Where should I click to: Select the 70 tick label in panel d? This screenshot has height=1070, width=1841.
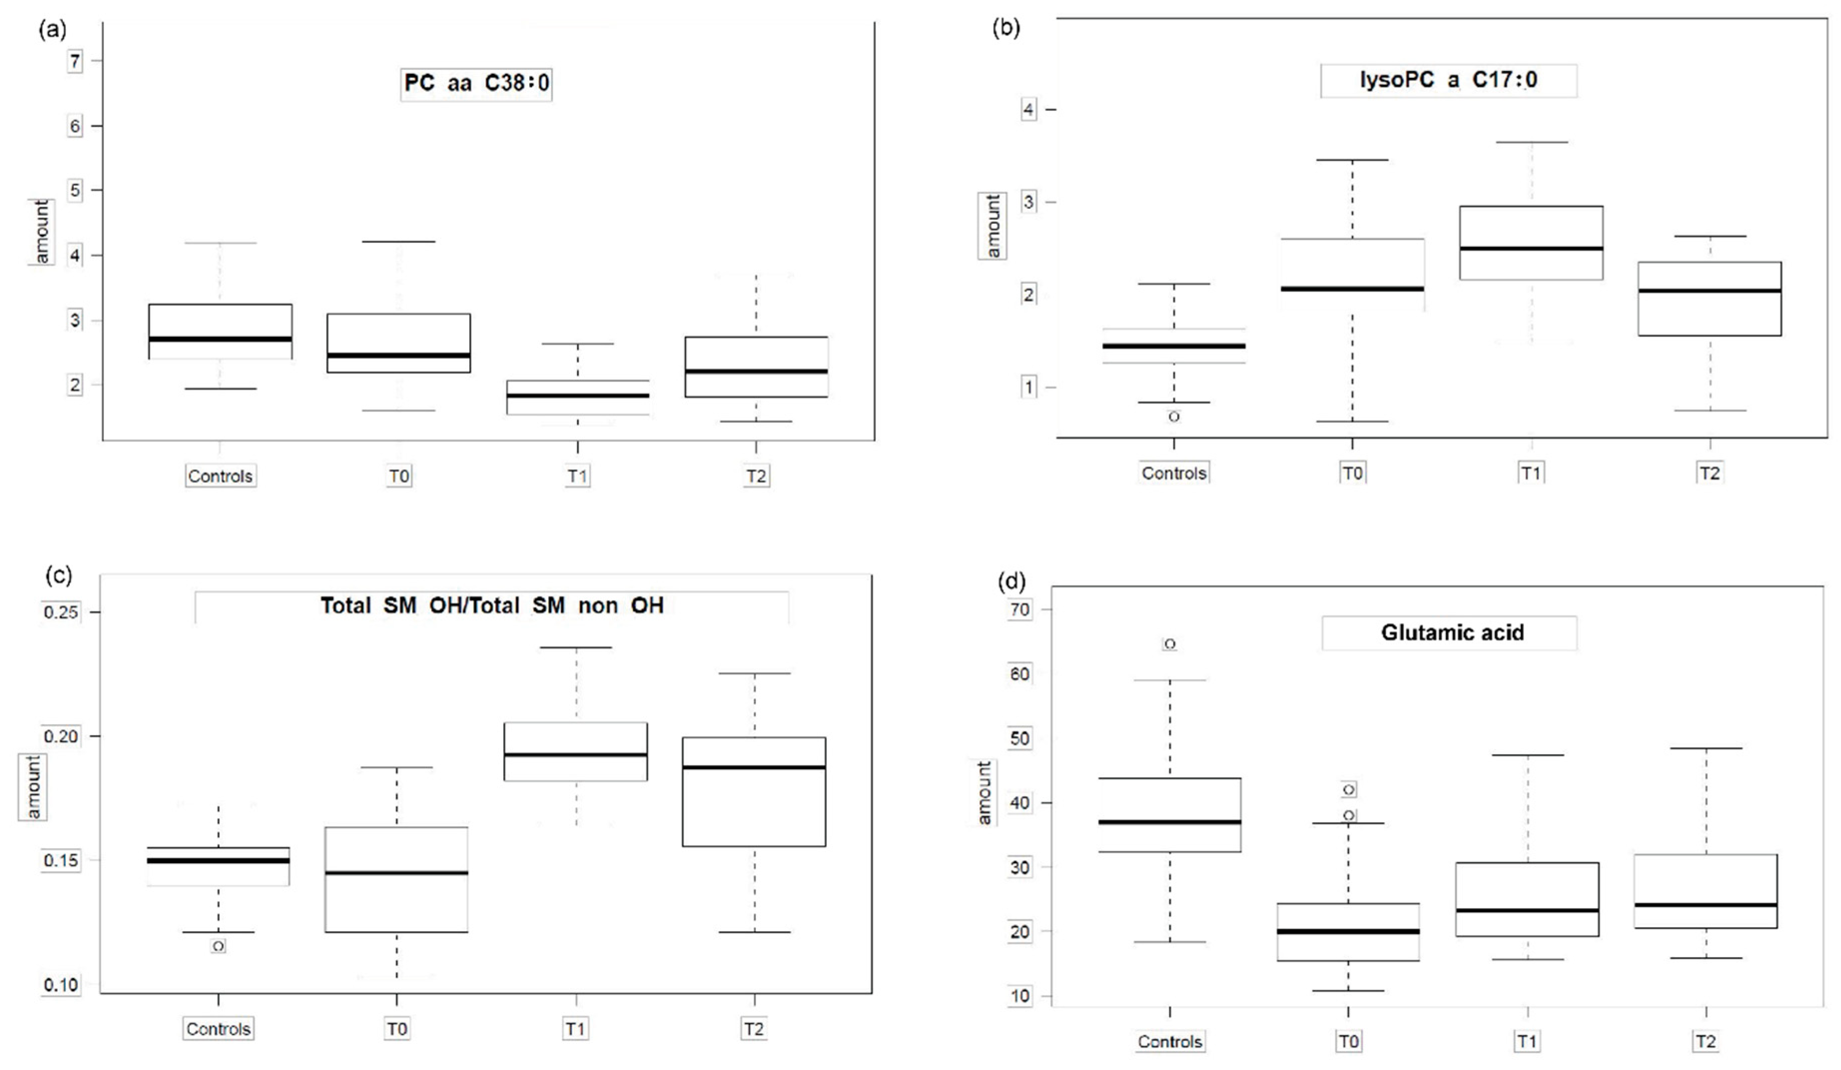[x=1020, y=609]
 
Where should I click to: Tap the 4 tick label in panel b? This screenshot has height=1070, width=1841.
[x=1029, y=109]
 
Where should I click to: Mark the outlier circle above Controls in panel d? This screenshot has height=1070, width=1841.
[x=1170, y=644]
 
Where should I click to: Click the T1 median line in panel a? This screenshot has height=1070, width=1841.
[x=577, y=396]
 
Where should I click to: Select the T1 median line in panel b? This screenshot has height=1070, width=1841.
[x=1531, y=248]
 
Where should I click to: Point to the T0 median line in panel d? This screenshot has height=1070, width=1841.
[x=1348, y=931]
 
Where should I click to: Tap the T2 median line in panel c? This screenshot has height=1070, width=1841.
[x=754, y=767]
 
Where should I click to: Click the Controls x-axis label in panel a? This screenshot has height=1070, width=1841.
[x=220, y=476]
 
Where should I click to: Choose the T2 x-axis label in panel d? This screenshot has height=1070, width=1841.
[x=1705, y=1041]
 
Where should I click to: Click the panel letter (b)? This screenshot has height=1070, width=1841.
[x=1006, y=28]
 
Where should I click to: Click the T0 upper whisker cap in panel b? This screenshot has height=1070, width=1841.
[x=1352, y=160]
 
